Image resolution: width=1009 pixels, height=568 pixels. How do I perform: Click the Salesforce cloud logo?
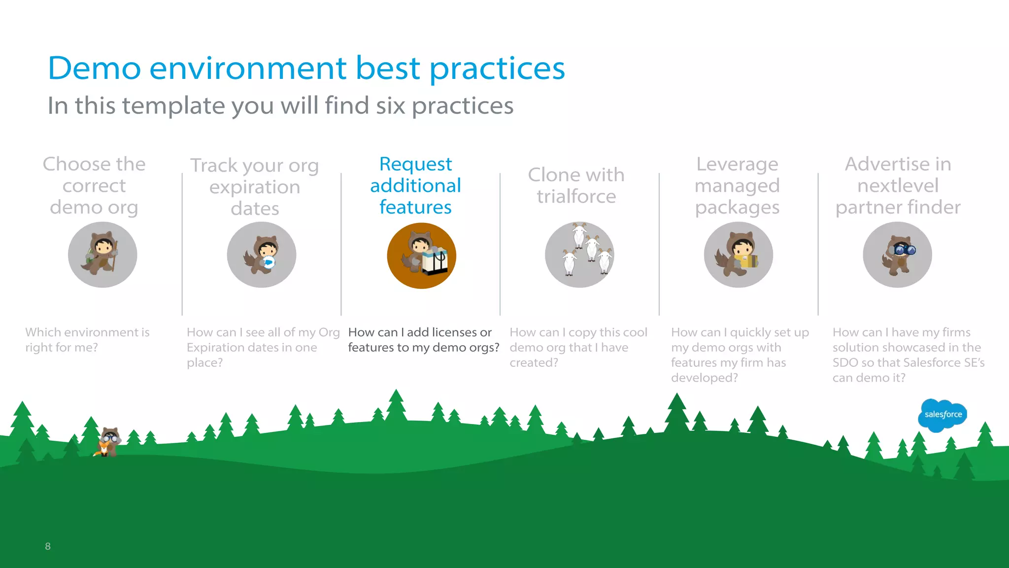(942, 415)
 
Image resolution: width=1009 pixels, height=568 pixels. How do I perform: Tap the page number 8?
(48, 546)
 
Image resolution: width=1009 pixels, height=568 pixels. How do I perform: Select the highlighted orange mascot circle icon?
(421, 255)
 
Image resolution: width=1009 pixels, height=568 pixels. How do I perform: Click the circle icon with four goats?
(579, 254)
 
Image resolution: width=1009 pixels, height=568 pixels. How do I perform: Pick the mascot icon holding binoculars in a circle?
(897, 254)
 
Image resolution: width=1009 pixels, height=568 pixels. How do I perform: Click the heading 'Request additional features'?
(415, 185)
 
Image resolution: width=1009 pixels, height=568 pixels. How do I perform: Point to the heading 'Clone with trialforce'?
(576, 185)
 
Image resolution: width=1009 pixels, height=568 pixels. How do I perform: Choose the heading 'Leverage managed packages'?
(737, 185)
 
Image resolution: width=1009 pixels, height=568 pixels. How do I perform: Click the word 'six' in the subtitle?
(391, 106)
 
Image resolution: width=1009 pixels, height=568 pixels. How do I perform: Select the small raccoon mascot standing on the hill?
(108, 442)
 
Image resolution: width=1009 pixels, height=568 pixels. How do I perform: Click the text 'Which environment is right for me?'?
(87, 340)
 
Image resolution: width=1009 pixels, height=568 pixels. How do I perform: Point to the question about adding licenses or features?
(423, 340)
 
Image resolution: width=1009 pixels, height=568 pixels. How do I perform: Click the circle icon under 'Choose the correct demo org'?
(102, 254)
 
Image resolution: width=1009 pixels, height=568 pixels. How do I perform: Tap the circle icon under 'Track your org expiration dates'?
(262, 254)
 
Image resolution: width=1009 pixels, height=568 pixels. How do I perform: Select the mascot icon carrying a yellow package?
(738, 254)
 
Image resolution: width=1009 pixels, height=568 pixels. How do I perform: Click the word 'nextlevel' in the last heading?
(898, 186)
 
